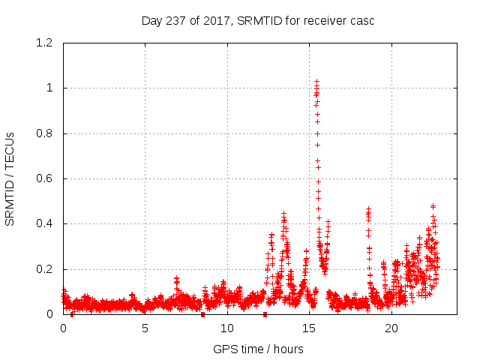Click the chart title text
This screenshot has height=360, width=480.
coord(258,20)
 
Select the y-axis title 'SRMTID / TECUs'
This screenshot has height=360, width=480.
coord(10,178)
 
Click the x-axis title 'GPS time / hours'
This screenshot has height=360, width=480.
coord(258,349)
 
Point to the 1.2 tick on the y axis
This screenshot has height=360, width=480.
coord(46,43)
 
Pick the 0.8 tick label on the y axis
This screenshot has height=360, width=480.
coord(46,133)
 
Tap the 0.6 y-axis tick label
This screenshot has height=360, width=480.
coord(46,178)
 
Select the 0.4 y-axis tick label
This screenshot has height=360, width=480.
coord(46,224)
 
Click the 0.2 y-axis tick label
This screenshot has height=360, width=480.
coord(46,269)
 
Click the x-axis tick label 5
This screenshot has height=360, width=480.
coord(145,328)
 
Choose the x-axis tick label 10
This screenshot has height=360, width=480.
coord(227,328)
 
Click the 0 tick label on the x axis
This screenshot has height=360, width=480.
coord(63,328)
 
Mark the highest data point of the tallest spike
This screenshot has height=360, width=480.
coord(316,81)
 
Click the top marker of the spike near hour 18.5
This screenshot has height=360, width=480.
coord(368,209)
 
